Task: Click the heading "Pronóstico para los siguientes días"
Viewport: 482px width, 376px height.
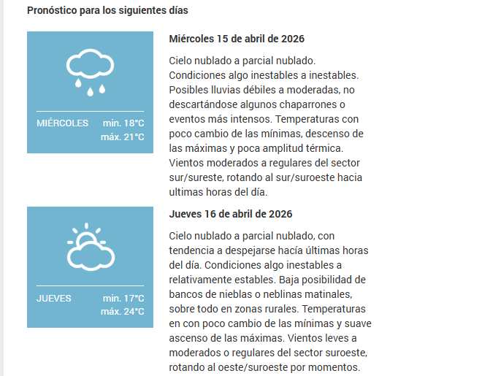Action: (x=107, y=11)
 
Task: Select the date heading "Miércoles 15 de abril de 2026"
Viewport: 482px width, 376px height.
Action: (x=237, y=39)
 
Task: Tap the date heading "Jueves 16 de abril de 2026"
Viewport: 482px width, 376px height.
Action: (x=231, y=214)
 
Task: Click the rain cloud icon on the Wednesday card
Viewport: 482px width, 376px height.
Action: (x=90, y=72)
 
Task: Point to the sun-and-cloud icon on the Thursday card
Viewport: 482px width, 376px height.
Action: (x=90, y=247)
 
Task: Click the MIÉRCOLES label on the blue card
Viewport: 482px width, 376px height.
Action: (x=62, y=123)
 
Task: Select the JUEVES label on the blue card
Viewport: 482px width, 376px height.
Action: (x=54, y=299)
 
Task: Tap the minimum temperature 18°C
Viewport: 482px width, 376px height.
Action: (x=123, y=123)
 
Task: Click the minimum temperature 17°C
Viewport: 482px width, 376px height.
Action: (x=123, y=299)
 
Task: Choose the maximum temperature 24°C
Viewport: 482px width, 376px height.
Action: (x=123, y=312)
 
